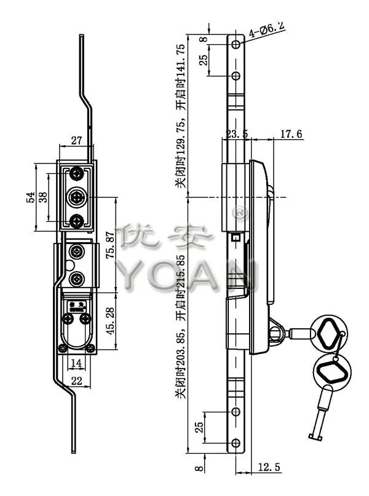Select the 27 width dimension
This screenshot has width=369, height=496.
(76, 141)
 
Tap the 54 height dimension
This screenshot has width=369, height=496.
(29, 198)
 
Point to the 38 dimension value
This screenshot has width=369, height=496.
(42, 198)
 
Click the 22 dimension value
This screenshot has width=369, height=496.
(76, 381)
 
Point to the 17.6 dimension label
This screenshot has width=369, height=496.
(289, 134)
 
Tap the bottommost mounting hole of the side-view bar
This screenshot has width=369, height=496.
(236, 441)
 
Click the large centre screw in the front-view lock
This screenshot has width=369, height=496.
(77, 197)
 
